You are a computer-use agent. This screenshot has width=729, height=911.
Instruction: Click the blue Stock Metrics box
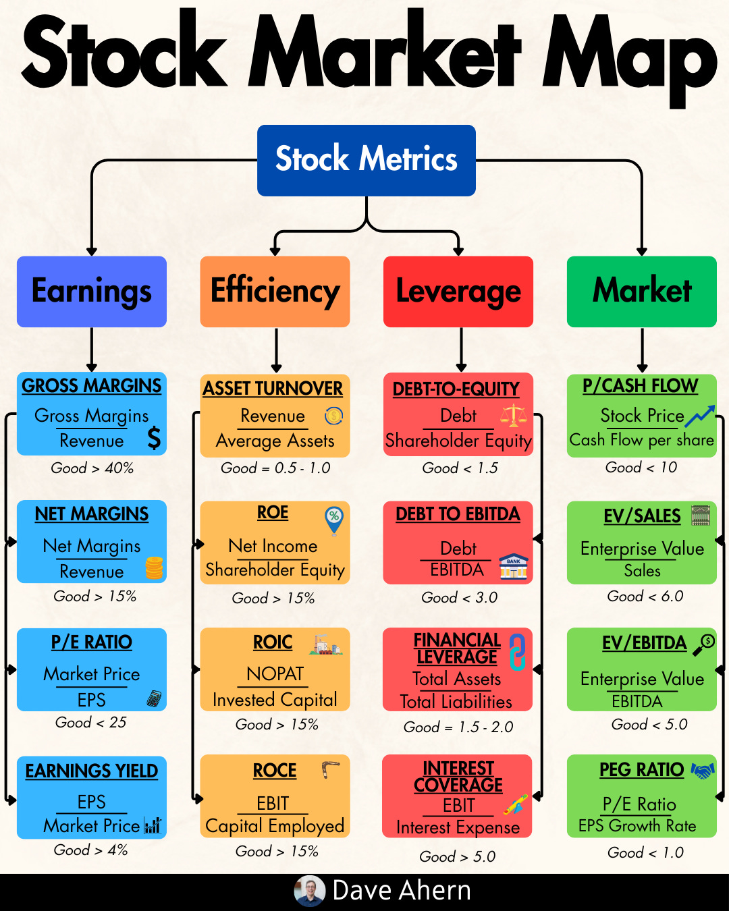pyautogui.click(x=366, y=160)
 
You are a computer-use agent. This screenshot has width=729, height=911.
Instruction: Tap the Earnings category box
pyautogui.click(x=92, y=292)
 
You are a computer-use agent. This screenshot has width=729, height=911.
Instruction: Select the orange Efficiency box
pyautogui.click(x=275, y=292)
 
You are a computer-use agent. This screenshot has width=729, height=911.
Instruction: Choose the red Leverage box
pyautogui.click(x=458, y=292)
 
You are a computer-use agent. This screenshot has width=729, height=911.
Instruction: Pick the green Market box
pyautogui.click(x=641, y=292)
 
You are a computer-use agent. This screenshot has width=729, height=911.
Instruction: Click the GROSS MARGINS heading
pyautogui.click(x=92, y=386)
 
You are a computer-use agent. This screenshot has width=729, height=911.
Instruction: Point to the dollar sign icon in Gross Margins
pyautogui.click(x=154, y=438)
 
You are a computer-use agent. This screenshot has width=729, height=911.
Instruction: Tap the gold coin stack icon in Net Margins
pyautogui.click(x=154, y=568)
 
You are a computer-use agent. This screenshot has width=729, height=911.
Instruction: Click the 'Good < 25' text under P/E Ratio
pyautogui.click(x=91, y=723)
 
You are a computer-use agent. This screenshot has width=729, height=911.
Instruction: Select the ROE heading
pyautogui.click(x=273, y=513)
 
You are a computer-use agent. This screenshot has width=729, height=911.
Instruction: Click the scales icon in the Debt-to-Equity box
pyautogui.click(x=514, y=416)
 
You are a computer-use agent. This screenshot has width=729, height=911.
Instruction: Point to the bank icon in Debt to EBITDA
pyautogui.click(x=514, y=568)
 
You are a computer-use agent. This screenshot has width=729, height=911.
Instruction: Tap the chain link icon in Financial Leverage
pyautogui.click(x=517, y=652)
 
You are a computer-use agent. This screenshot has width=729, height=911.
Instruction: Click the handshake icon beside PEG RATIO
pyautogui.click(x=703, y=770)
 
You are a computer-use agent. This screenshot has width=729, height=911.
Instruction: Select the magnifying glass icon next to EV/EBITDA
pyautogui.click(x=703, y=644)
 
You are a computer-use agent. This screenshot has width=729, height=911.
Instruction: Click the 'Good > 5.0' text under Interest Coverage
pyautogui.click(x=458, y=857)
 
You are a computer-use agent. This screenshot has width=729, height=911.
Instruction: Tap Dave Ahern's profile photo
pyautogui.click(x=310, y=891)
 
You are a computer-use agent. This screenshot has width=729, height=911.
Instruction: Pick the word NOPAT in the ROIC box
pyautogui.click(x=275, y=673)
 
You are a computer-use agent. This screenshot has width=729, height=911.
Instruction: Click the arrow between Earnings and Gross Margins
pyautogui.click(x=92, y=350)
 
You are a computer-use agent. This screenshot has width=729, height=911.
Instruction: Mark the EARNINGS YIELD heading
pyautogui.click(x=92, y=771)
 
